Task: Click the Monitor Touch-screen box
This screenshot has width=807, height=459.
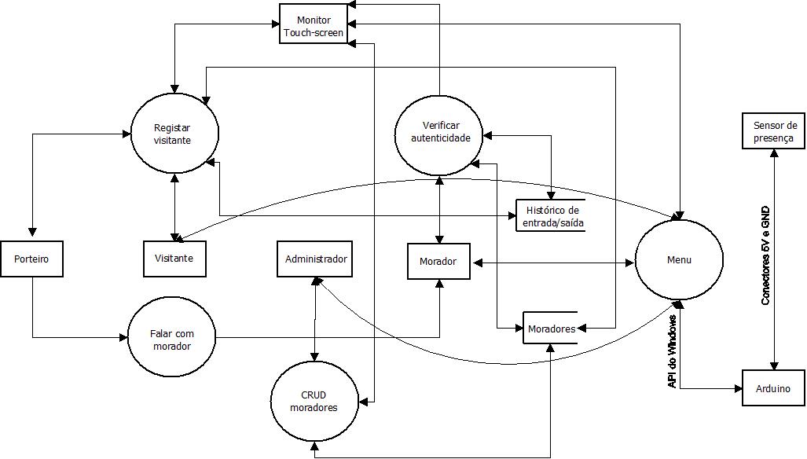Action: point(314,24)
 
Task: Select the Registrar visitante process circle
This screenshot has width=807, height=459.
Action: point(172,134)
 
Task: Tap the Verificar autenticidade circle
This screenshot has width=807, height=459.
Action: point(440,131)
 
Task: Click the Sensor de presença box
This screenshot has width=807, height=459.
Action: point(775,131)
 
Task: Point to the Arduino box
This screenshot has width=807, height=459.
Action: point(774,388)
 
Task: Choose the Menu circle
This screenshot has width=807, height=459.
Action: point(678,259)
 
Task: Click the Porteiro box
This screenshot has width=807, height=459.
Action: point(31,259)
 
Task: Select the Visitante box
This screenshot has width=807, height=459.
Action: point(174,259)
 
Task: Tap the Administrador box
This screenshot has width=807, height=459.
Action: point(316,259)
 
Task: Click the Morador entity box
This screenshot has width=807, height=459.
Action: point(438,261)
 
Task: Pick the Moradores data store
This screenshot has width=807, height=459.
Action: point(551,329)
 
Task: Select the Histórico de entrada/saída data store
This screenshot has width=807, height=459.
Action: point(552,216)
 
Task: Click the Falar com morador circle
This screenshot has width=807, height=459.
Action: point(171,340)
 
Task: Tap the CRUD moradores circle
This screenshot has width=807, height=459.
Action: point(314,401)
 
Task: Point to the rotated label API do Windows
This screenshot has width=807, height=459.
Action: point(673,351)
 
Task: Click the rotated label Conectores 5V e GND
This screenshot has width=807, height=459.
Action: point(766,255)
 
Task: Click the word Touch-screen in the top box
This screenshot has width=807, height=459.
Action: point(314,32)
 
